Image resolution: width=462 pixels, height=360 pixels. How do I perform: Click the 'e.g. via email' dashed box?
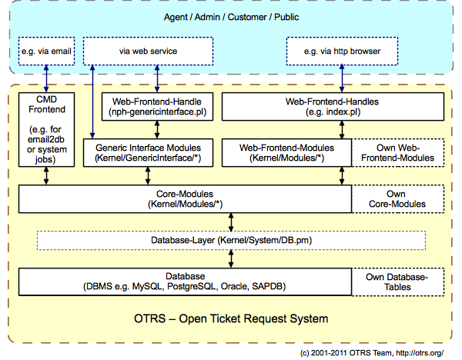click(45, 52)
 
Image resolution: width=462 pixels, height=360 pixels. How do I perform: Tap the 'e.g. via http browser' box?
click(343, 52)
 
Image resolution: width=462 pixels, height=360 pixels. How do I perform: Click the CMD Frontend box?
click(45, 129)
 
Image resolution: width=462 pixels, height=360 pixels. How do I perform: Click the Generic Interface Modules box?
click(147, 152)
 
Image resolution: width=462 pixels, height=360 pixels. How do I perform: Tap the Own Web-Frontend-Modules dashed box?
click(399, 152)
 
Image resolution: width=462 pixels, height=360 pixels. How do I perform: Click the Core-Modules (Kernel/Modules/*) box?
click(184, 198)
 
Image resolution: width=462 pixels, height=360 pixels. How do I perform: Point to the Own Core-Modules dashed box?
click(399, 198)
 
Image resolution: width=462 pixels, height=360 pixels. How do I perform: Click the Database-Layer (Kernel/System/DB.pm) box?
click(231, 241)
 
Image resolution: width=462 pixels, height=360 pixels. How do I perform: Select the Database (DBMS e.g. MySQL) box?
click(184, 281)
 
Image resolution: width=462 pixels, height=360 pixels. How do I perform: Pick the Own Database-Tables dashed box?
click(399, 281)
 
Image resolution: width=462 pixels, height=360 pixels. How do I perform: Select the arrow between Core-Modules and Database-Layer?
click(231, 222)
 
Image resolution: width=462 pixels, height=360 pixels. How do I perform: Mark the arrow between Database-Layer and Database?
click(231, 260)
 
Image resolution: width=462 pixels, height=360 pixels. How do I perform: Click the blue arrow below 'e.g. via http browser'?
click(343, 78)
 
